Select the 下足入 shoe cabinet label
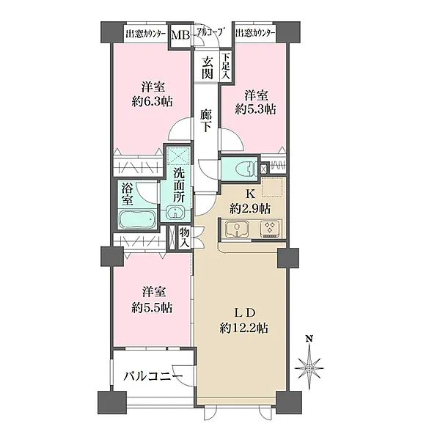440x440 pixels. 226,67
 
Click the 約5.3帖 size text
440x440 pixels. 255,109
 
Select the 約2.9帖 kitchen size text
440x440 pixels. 249,208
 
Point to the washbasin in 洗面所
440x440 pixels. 176,213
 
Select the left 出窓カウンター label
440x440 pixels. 146,34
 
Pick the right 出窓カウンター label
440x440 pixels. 256,34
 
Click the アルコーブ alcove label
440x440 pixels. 208,34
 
